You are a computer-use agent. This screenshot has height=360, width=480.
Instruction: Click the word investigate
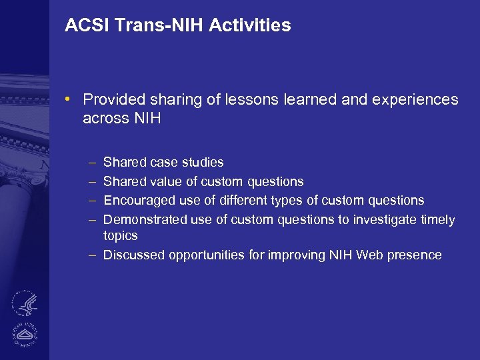[x=379, y=220]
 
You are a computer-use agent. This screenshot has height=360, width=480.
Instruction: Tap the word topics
[x=121, y=236]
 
